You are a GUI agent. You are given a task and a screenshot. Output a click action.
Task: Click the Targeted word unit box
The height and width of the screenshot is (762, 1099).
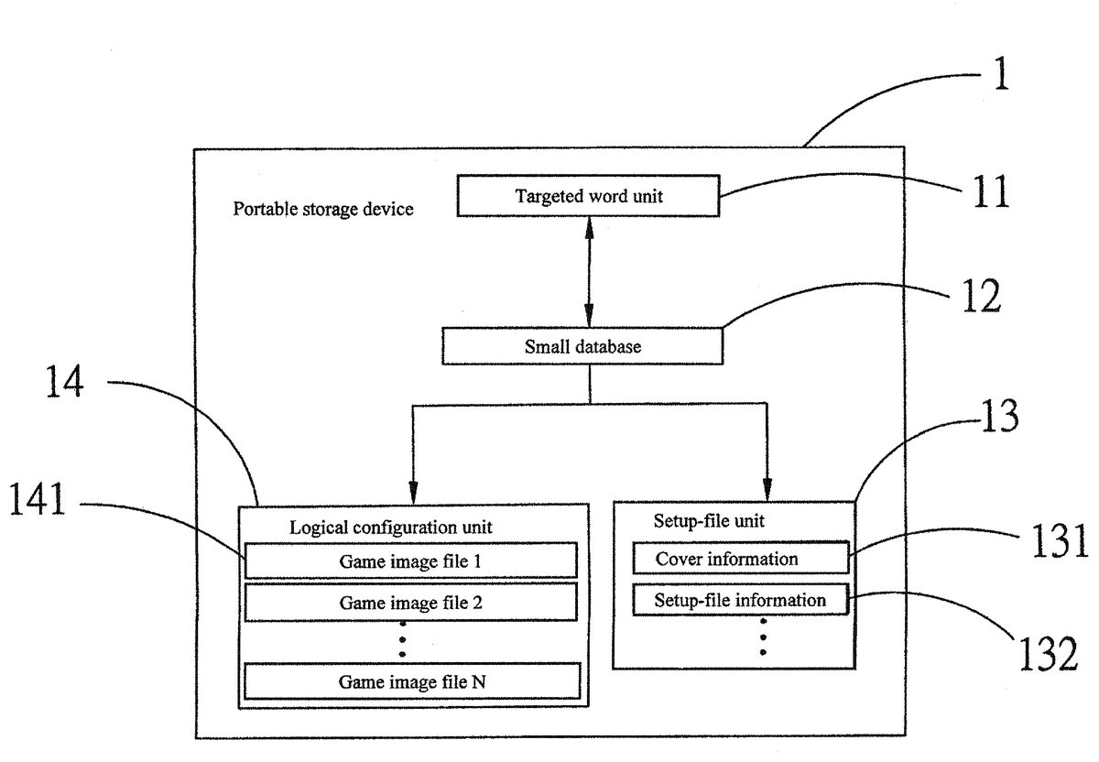(588, 197)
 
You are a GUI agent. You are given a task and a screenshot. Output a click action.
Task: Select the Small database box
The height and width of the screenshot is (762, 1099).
(582, 346)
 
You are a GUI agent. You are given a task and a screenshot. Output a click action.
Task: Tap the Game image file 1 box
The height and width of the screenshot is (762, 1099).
(410, 560)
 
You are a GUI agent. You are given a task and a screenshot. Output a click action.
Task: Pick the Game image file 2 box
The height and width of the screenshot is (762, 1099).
(410, 603)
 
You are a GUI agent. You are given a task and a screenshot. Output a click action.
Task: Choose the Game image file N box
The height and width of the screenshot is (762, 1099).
(412, 681)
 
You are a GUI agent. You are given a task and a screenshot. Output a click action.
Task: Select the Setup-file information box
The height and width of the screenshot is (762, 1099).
(740, 601)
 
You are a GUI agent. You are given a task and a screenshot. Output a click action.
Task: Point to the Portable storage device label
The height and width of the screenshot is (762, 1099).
(322, 209)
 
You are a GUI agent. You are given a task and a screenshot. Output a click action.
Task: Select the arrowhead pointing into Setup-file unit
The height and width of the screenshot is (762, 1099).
(767, 491)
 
